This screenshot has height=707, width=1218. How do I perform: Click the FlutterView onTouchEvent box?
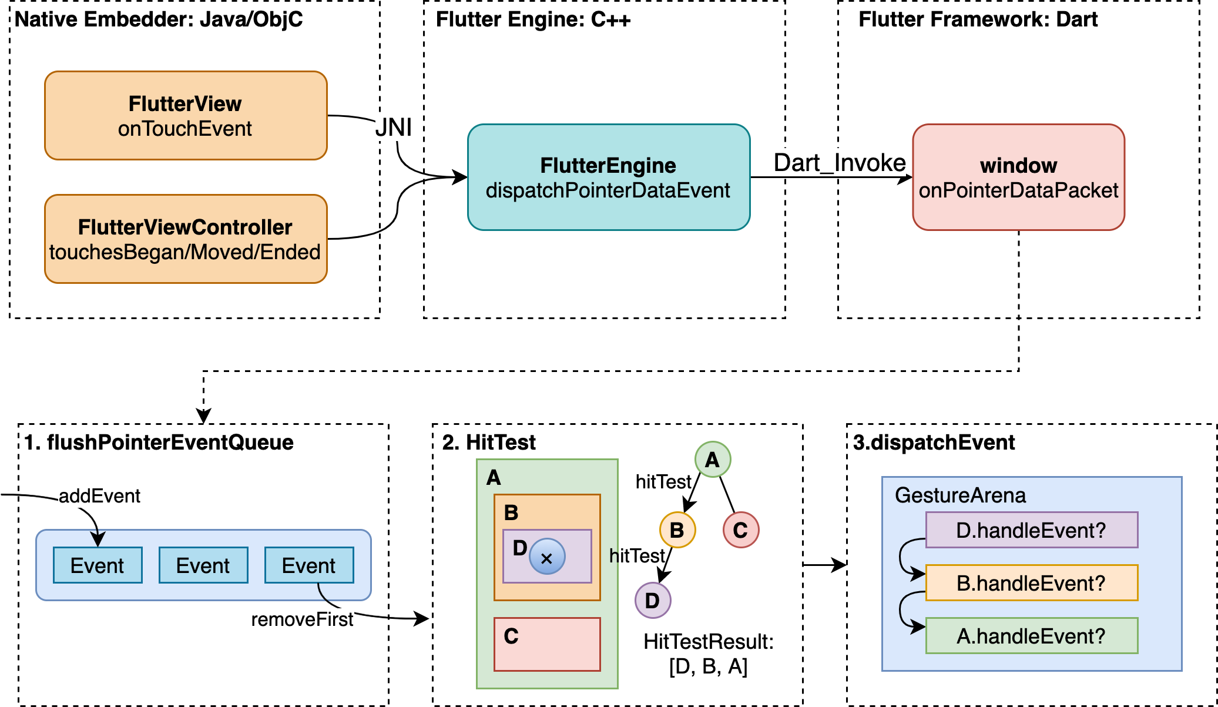pos(186,116)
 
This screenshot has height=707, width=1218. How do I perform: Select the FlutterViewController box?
pos(186,239)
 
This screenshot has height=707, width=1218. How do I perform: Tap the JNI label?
pos(394,127)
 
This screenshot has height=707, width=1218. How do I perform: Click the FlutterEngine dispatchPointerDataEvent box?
pos(609,177)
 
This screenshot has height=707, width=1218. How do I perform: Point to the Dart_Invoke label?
pos(839,163)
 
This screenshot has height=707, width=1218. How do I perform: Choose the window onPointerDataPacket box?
pos(1018,177)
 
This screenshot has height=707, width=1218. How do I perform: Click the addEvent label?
pos(99,496)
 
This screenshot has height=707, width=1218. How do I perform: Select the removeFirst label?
pos(302,619)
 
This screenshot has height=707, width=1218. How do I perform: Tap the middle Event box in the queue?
pos(203,565)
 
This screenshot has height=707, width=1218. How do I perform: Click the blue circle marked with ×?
pos(547,557)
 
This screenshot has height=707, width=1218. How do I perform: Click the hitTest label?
pos(663,482)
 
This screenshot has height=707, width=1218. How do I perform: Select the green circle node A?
pos(713,460)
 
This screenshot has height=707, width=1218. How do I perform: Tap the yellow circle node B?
pos(677,530)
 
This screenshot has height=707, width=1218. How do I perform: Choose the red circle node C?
pos(741,530)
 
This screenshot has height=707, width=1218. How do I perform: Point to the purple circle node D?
pos(653,601)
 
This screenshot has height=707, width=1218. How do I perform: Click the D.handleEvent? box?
pos(1032,530)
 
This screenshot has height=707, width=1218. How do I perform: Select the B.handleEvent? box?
pos(1032,583)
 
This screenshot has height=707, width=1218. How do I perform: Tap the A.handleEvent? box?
pos(1032,636)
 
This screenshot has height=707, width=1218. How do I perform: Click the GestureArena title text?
pos(960,495)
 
